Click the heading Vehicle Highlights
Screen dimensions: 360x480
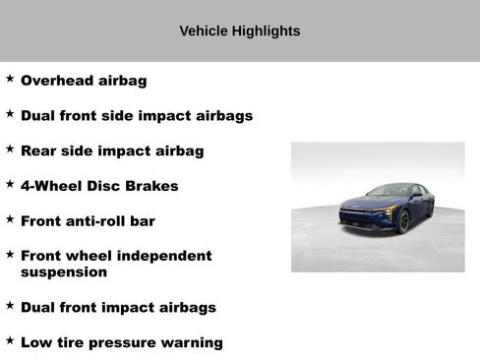click(x=240, y=31)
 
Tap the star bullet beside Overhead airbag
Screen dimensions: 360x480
click(x=10, y=78)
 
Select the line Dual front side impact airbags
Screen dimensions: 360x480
click(x=137, y=116)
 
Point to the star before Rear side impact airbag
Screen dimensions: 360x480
click(x=10, y=149)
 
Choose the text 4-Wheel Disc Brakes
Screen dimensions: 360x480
click(x=99, y=186)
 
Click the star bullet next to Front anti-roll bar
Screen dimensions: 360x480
click(x=10, y=218)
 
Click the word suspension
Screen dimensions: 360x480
click(x=64, y=271)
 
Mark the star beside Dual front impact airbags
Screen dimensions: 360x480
click(x=10, y=305)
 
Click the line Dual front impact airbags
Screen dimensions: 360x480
click(x=118, y=308)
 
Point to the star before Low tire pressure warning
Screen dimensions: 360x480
click(x=10, y=340)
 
